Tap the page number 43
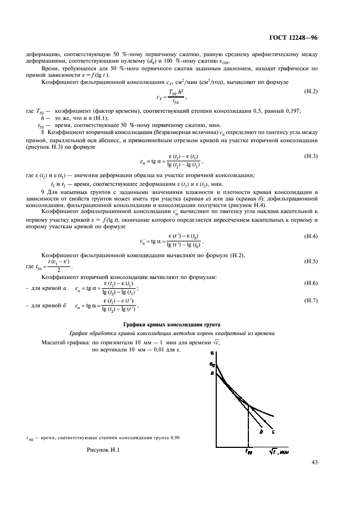pos(314,462)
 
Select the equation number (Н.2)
pos(311,91)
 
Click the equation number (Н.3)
pos(311,156)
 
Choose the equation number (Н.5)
pos(311,262)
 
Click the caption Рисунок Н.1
pos(102,450)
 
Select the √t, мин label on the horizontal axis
pos(278,452)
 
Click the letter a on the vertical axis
pos(212,373)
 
